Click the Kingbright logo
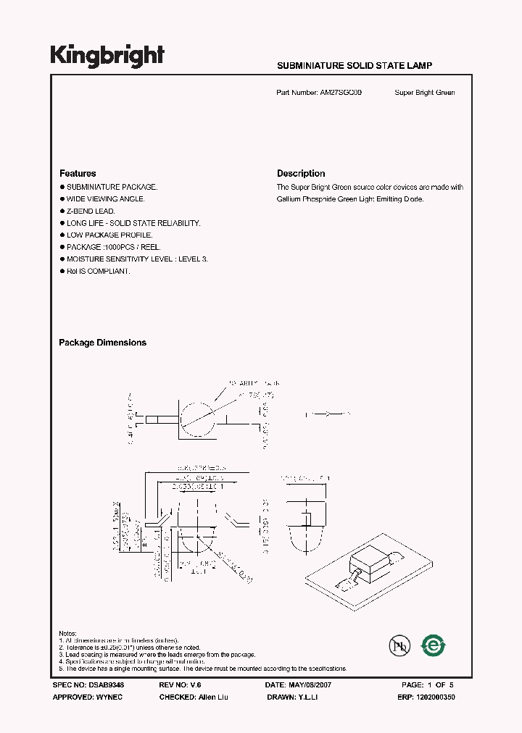coord(107,55)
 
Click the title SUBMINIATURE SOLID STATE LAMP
coord(355,66)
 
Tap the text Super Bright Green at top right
coord(425,93)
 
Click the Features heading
coord(78,174)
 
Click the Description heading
coord(301,174)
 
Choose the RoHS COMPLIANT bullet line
coord(99,271)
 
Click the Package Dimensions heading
coord(102,343)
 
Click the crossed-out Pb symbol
coord(398,645)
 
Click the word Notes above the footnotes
coord(67,634)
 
